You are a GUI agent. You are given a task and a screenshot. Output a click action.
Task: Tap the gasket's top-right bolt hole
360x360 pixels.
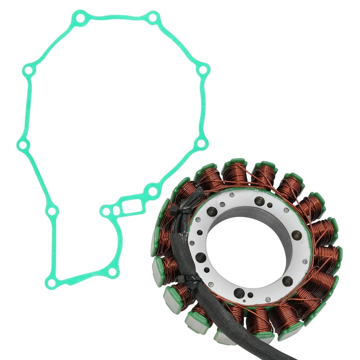(153, 17)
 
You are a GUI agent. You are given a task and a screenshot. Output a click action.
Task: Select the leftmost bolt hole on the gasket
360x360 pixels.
(22, 145)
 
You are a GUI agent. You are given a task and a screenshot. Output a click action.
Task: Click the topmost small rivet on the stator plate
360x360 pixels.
(231, 195)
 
